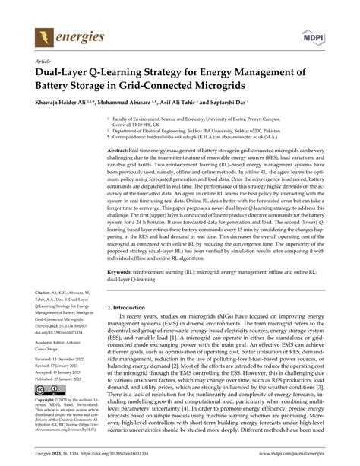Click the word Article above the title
(34, 59)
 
